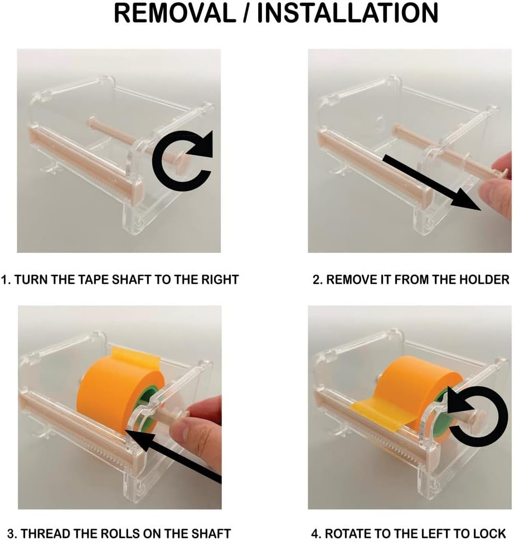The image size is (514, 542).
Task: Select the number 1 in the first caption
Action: (x=4, y=279)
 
